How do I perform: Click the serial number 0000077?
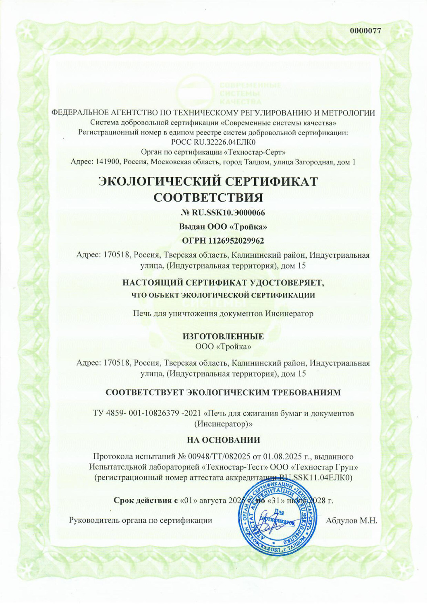tap(365, 31)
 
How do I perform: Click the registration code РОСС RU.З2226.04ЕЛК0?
tap(213, 142)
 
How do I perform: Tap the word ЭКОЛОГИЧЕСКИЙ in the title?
tap(159, 181)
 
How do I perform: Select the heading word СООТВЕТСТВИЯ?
tap(209, 198)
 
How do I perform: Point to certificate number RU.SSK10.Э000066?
tap(227, 213)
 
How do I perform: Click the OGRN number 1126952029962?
tap(236, 241)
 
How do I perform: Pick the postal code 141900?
tap(108, 162)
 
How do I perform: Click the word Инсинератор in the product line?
tap(289, 313)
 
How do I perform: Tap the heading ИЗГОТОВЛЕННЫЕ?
tap(223, 336)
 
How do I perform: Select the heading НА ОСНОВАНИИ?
tap(223, 440)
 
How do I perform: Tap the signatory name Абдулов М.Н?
tap(351, 521)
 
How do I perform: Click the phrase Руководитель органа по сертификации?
tap(141, 520)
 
